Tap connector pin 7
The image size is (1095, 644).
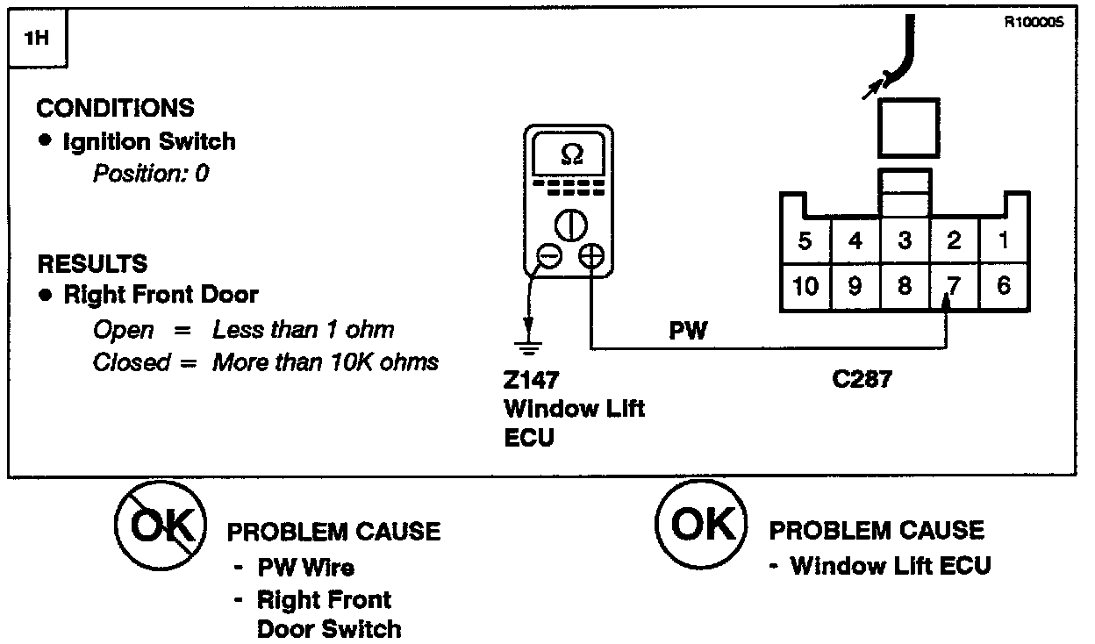[954, 287]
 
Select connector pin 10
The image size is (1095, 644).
[805, 287]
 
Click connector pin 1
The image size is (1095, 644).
[1004, 240]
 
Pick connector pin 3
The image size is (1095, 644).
[905, 240]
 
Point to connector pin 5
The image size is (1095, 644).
[805, 240]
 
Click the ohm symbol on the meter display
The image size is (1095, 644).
[570, 154]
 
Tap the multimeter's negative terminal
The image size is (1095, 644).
[549, 255]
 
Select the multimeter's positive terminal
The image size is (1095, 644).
[592, 255]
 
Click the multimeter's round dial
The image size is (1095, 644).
[570, 225]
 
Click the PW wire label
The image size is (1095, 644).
[689, 333]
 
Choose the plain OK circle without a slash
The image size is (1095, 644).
[701, 525]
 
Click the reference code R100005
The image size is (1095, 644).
[1033, 24]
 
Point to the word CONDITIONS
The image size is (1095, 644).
[115, 109]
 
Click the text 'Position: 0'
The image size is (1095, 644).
[151, 174]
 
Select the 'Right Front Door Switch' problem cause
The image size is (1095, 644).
[328, 614]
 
